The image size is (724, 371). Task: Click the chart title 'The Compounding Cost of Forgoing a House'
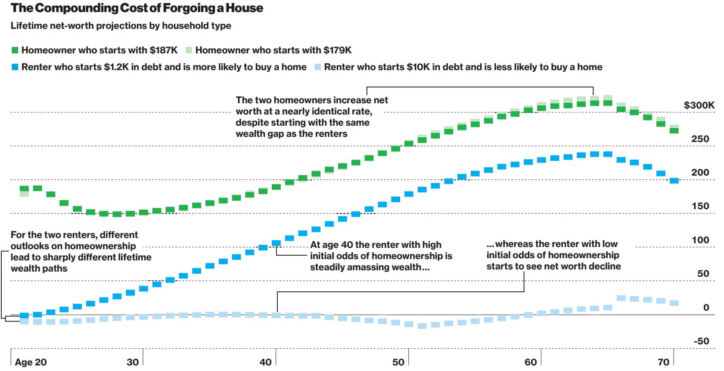point(137,8)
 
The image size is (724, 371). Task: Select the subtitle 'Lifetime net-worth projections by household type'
point(121,26)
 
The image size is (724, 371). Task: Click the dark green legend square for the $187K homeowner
point(15,50)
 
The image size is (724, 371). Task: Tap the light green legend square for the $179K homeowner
point(189,50)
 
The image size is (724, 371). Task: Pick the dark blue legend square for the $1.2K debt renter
point(15,67)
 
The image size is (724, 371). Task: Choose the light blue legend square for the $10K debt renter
point(318,67)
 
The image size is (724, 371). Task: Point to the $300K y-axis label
point(699,105)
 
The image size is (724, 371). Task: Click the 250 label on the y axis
point(700,139)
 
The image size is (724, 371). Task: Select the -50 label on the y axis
point(701,341)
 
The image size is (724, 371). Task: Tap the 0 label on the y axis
point(706,307)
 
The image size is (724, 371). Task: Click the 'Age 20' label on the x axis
point(31,362)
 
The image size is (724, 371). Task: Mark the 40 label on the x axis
point(265,362)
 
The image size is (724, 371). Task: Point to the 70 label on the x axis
point(663,362)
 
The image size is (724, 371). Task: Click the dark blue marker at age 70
point(674,181)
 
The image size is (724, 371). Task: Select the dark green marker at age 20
point(24,189)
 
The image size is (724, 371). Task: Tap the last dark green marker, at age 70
point(674,130)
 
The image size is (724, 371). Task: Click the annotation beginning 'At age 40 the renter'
point(381,256)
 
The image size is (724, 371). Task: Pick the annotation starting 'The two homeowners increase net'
point(311,117)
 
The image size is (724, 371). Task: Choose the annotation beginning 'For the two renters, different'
point(81,251)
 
